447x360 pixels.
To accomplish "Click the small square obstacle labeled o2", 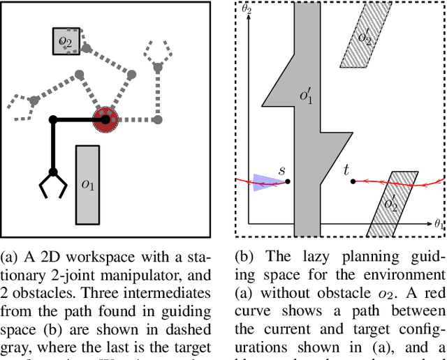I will coord(65,42).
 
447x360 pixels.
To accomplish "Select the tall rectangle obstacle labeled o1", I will coord(87,185).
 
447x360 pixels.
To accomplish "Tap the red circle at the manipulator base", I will coord(106,120).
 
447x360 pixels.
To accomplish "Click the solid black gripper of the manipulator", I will coord(52,186).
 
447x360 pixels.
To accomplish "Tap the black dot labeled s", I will coord(288,181).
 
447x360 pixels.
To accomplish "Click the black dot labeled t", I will coord(353,181).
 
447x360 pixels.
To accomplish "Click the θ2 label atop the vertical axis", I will coord(246,9).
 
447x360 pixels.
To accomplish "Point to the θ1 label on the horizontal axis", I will coord(437,224).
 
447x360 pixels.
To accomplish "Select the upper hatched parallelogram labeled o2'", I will coord(365,38).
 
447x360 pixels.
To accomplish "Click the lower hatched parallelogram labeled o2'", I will coord(391,203).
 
